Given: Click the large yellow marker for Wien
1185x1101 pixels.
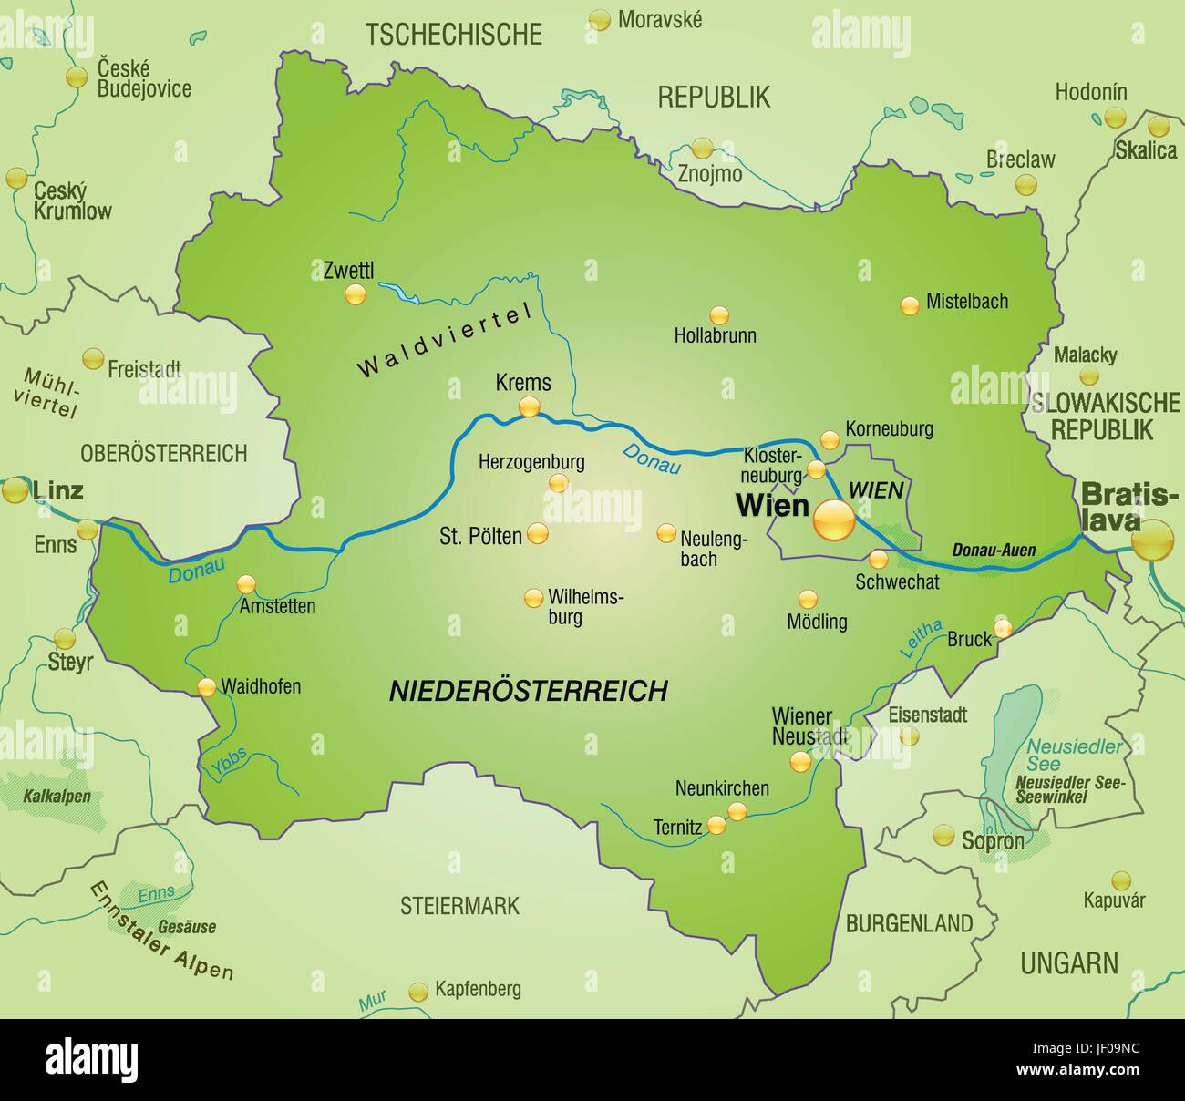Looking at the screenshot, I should click(x=833, y=520).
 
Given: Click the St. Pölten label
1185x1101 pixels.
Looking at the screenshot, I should click(x=480, y=535).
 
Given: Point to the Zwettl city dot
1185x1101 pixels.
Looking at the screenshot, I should click(x=355, y=293).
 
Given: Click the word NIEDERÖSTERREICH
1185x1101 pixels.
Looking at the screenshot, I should click(x=529, y=691).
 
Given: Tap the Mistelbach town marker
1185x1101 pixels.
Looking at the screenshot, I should click(x=910, y=306).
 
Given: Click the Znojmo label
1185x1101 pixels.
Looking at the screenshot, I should click(x=710, y=173).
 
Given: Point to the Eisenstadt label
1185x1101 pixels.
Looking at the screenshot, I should click(x=927, y=715).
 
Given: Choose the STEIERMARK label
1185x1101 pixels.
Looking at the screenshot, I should click(x=459, y=905).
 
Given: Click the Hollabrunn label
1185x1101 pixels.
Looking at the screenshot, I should click(x=715, y=335).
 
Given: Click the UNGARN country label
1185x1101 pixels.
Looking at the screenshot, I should click(x=1068, y=962).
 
